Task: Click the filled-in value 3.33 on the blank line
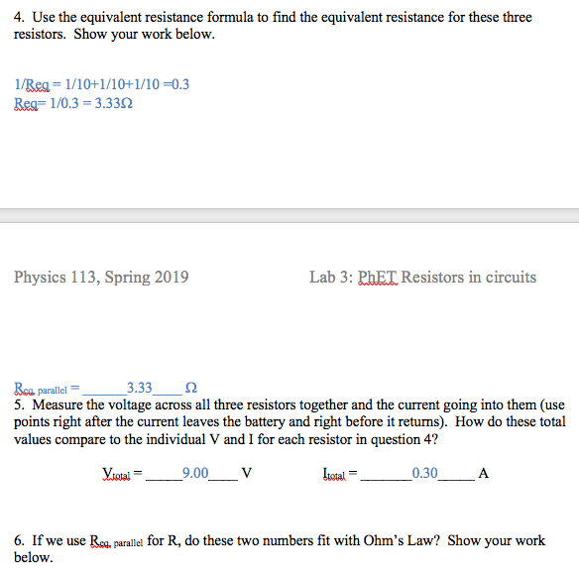click(140, 388)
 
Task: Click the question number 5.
click(19, 404)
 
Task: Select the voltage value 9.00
click(194, 473)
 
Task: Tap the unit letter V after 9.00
click(247, 473)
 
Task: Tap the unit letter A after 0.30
click(483, 473)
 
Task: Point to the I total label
click(337, 474)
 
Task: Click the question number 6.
click(19, 541)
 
